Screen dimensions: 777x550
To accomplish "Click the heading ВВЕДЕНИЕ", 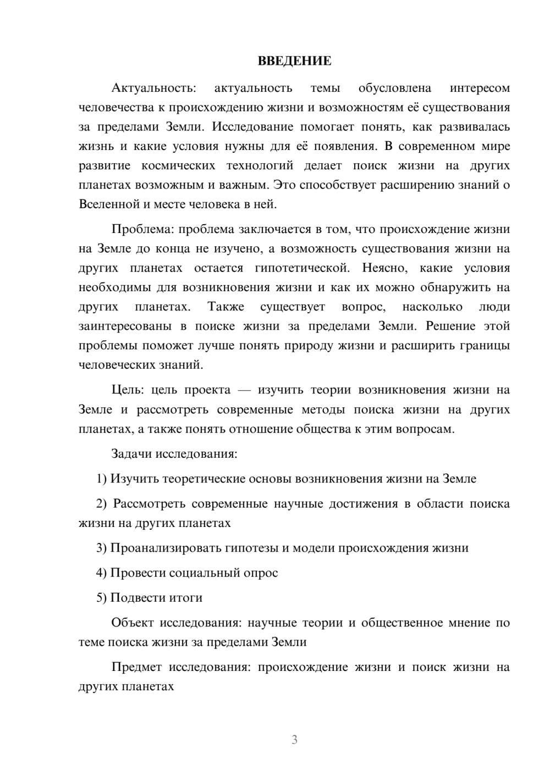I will pos(294,61).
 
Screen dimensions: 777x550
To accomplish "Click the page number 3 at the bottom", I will pos(294,740).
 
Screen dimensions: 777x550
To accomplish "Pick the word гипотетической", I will pos(302,268).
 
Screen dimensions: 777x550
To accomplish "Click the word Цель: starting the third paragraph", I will pos(128,390).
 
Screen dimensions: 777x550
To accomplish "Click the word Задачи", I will pos(132,454).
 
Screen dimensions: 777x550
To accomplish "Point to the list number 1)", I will pos(102,479).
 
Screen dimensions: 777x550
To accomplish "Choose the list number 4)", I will pos(102,573).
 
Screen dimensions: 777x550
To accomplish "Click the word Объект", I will pos(133,623).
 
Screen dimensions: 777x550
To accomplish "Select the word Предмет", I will pos(136,667).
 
